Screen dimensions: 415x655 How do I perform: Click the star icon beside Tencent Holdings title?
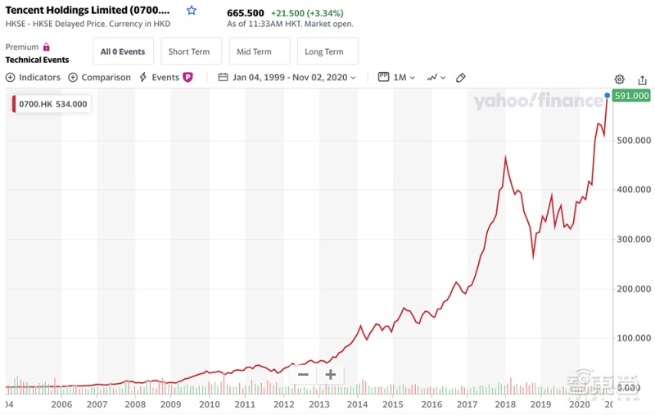(x=192, y=11)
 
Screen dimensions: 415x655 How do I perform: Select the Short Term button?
(x=189, y=52)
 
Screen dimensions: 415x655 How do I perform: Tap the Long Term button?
(x=324, y=52)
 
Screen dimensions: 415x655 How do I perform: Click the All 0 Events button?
(x=123, y=52)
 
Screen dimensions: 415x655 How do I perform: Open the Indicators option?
(x=34, y=77)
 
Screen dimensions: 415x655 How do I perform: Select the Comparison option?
(x=100, y=77)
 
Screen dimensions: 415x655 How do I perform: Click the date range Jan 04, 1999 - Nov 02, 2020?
(x=288, y=77)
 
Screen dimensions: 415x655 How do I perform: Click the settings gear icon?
(x=620, y=79)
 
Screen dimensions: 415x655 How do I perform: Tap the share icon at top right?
(x=643, y=79)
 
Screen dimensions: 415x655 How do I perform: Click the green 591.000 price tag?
(x=631, y=96)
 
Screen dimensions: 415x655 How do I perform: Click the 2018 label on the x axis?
(x=505, y=404)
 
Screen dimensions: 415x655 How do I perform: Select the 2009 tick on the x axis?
(x=170, y=404)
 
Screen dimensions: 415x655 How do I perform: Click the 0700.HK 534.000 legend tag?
(x=51, y=104)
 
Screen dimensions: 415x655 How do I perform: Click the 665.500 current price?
(x=246, y=13)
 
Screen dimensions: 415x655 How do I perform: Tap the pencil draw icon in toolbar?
(x=461, y=77)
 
